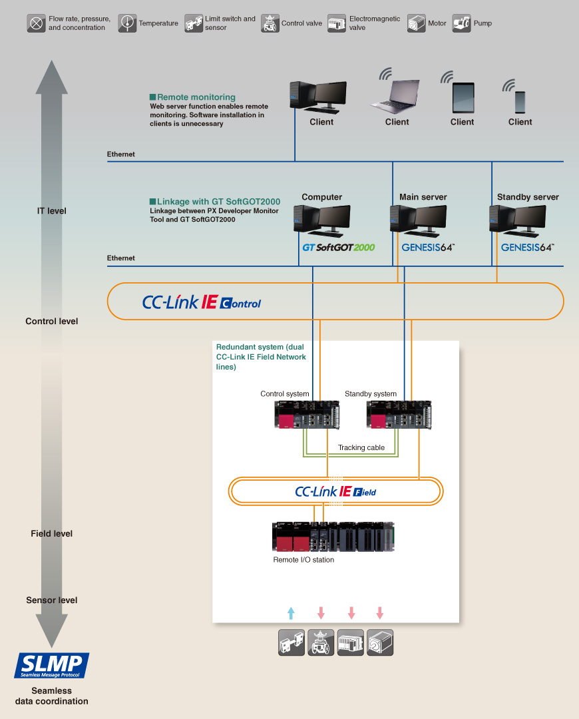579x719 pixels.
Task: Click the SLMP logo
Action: pyautogui.click(x=52, y=665)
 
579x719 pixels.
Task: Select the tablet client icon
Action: pyautogui.click(x=463, y=97)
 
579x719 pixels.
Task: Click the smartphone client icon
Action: pyautogui.click(x=520, y=101)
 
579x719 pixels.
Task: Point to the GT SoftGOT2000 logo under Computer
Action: pyautogui.click(x=338, y=247)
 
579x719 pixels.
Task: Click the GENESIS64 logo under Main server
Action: pyautogui.click(x=428, y=247)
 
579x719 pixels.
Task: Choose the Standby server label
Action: pyautogui.click(x=528, y=197)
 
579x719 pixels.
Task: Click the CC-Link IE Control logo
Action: pyautogui.click(x=202, y=302)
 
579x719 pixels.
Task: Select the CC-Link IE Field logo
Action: pyautogui.click(x=335, y=492)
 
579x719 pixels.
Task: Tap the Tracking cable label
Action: pyautogui.click(x=361, y=447)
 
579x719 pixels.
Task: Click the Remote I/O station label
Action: pyautogui.click(x=303, y=560)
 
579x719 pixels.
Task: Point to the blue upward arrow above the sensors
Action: pyautogui.click(x=290, y=612)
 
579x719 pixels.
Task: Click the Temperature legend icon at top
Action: pyautogui.click(x=127, y=23)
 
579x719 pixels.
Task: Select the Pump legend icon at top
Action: pyautogui.click(x=462, y=23)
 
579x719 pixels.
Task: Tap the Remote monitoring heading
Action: pyautogui.click(x=196, y=97)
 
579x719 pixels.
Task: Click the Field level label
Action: pyautogui.click(x=51, y=533)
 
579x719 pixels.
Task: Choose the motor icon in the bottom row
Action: pyautogui.click(x=380, y=643)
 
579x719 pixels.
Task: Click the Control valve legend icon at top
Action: pyautogui.click(x=270, y=23)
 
